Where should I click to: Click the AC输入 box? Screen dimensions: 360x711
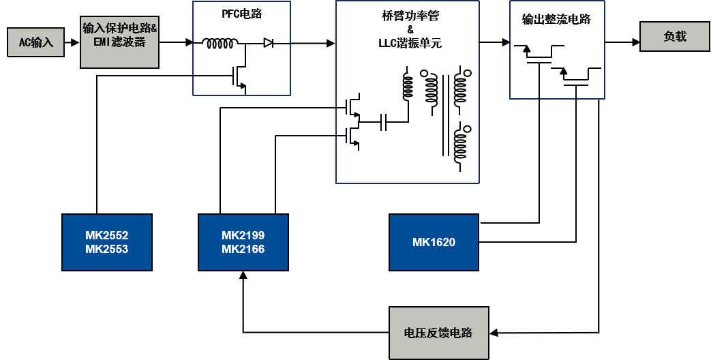click(x=35, y=42)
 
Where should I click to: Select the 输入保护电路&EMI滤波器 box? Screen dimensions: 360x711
click(x=119, y=42)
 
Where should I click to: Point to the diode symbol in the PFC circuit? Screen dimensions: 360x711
click(x=268, y=43)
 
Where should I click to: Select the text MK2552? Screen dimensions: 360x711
click(x=106, y=235)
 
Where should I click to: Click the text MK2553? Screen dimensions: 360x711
click(x=106, y=249)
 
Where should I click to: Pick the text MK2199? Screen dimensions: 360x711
click(x=243, y=235)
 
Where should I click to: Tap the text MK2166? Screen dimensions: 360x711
click(x=243, y=249)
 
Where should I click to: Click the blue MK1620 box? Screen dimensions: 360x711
click(x=434, y=242)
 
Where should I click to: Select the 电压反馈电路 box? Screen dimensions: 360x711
click(x=438, y=333)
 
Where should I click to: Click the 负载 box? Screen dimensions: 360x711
click(x=674, y=36)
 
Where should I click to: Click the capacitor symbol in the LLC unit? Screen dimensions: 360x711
click(x=384, y=123)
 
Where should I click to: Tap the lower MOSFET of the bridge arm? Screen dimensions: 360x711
click(x=352, y=136)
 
